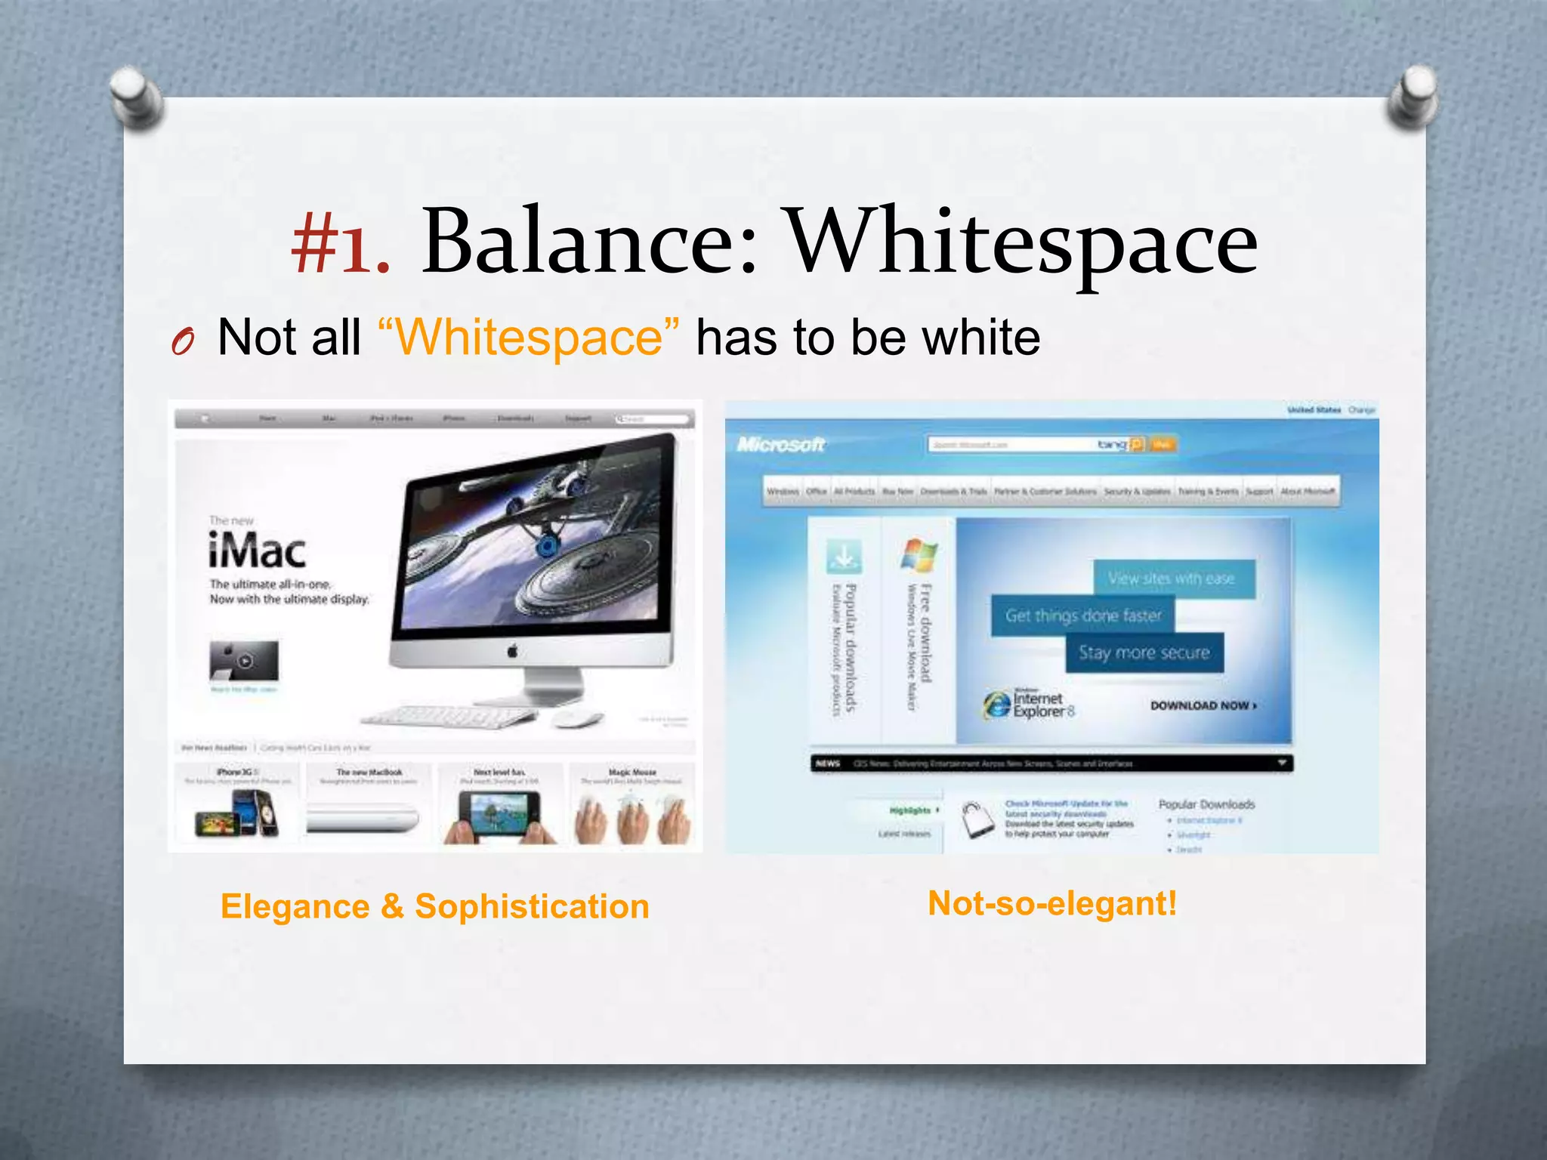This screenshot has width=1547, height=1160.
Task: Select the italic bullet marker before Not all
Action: point(183,343)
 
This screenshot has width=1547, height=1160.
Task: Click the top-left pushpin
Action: point(136,96)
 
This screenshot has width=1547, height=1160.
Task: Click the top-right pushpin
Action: point(1412,94)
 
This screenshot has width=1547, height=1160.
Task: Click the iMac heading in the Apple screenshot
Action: point(257,551)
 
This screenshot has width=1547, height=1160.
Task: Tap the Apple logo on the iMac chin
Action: point(513,651)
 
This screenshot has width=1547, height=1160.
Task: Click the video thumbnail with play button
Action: point(244,661)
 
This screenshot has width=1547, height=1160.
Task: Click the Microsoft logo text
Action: point(781,445)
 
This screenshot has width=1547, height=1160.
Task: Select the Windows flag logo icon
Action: point(919,555)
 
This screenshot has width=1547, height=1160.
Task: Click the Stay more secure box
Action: point(1144,653)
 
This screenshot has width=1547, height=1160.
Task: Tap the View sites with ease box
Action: point(1172,579)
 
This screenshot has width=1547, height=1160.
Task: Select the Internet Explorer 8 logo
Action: point(1027,705)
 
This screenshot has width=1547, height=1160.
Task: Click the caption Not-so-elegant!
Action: point(1051,903)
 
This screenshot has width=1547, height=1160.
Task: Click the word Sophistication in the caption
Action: point(532,906)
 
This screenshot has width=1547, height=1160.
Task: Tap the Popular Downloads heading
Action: point(1206,804)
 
